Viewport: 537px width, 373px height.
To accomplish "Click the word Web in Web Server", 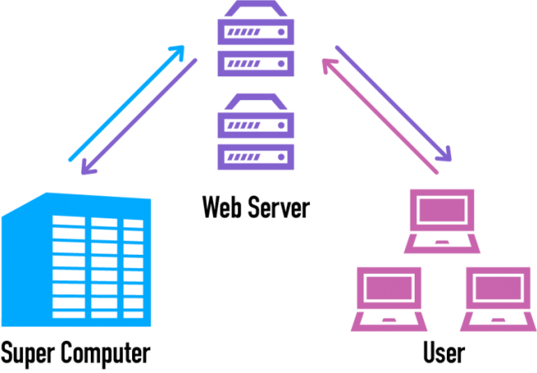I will click(222, 206).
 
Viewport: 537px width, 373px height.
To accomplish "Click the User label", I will click(444, 353).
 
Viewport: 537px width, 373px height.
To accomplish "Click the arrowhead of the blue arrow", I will click(176, 52).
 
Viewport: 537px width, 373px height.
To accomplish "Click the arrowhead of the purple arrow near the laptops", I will click(444, 154).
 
